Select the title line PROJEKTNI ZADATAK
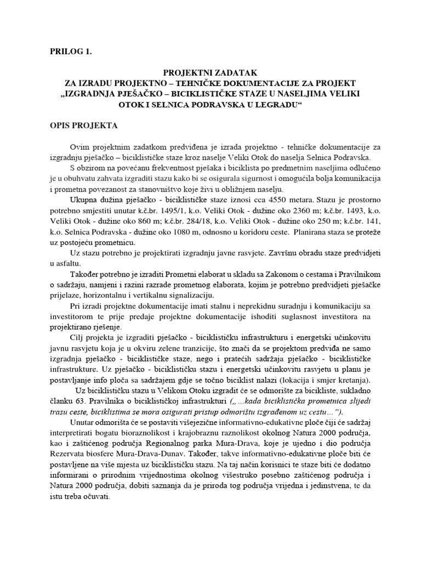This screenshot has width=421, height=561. point(210,72)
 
